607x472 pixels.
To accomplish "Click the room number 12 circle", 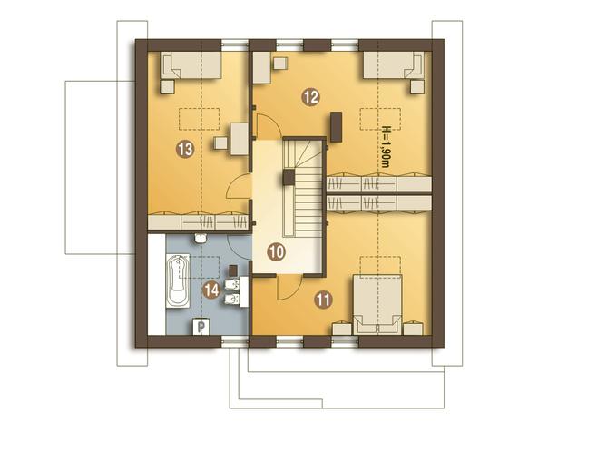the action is [311, 96].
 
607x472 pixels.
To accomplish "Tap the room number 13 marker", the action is [185, 149].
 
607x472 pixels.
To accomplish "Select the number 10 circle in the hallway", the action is [277, 252].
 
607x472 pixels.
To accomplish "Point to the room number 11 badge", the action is [323, 300].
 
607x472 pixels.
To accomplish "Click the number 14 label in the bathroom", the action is [211, 290].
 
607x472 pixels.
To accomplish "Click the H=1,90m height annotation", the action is [386, 147].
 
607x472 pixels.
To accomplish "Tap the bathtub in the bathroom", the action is [178, 280].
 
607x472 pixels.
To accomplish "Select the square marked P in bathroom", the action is [201, 327].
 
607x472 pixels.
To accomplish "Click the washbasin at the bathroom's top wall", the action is [201, 238].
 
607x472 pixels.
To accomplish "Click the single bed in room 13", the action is [191, 65].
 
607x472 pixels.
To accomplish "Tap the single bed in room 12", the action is [393, 65].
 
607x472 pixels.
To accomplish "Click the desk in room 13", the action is [240, 139].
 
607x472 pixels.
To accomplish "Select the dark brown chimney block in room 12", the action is [336, 127].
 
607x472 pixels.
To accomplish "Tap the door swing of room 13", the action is [239, 187].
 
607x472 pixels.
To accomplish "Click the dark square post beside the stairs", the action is [289, 178].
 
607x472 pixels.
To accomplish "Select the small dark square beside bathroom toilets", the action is [233, 270].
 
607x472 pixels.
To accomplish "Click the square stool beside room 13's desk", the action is [220, 143].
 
